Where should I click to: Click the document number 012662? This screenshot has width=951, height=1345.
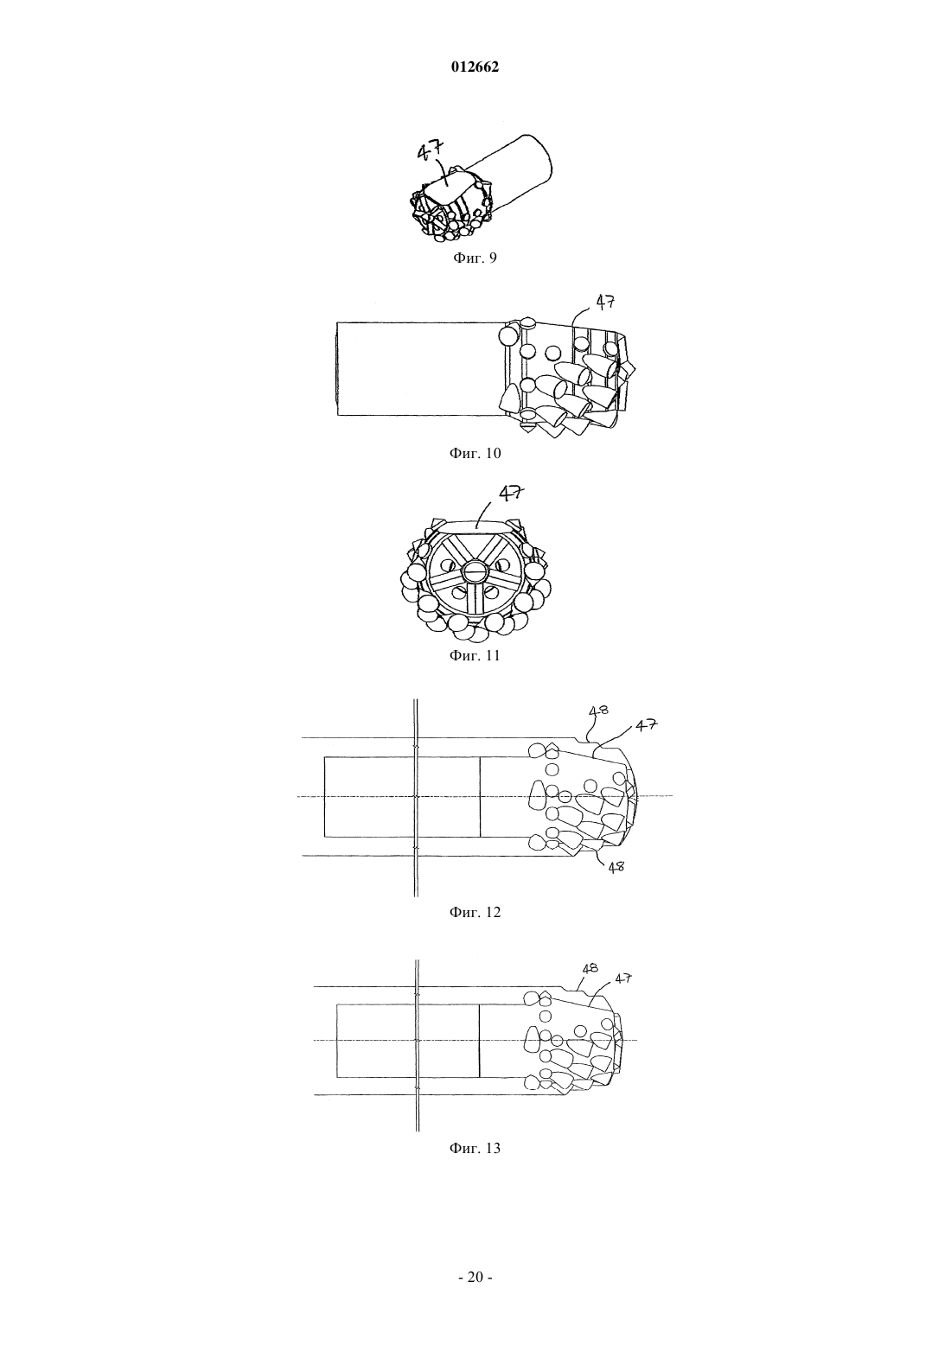pos(475,67)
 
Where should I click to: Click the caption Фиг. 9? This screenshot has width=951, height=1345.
pos(475,258)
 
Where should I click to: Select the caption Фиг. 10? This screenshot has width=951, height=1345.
pos(475,453)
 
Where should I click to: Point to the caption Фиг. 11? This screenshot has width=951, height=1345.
pos(475,655)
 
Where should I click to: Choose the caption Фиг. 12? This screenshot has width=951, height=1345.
pos(475,912)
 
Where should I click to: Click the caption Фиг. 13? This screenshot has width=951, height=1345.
pos(475,1148)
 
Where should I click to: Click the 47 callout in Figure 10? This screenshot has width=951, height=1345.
pos(604,302)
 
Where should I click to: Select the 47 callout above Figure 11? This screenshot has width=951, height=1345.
pos(511,493)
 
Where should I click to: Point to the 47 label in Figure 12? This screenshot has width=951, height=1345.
pos(647,725)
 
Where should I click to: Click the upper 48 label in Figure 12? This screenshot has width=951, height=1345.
pos(598,711)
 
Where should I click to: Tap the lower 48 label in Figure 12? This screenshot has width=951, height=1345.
pos(615,867)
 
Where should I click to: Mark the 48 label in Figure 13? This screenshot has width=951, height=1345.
pos(590,968)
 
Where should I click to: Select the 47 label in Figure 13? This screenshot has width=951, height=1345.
pos(623,978)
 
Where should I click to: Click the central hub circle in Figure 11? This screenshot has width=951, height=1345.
pos(475,570)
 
